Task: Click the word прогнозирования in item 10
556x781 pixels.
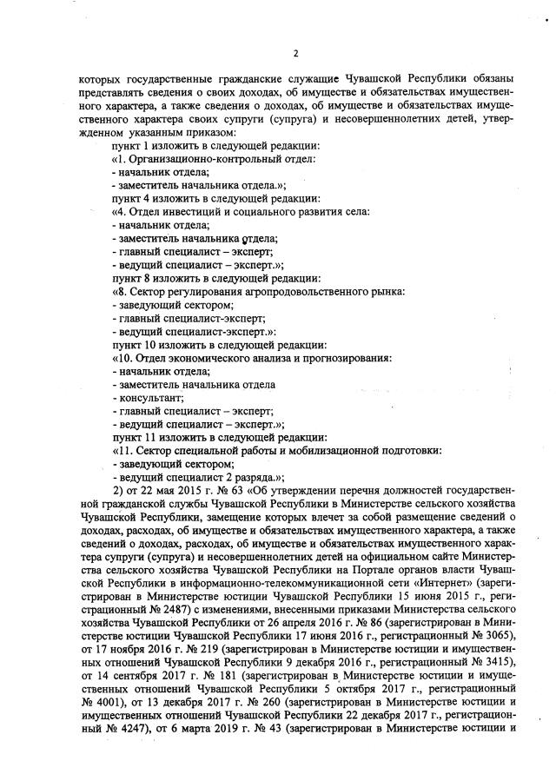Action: [344, 357]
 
